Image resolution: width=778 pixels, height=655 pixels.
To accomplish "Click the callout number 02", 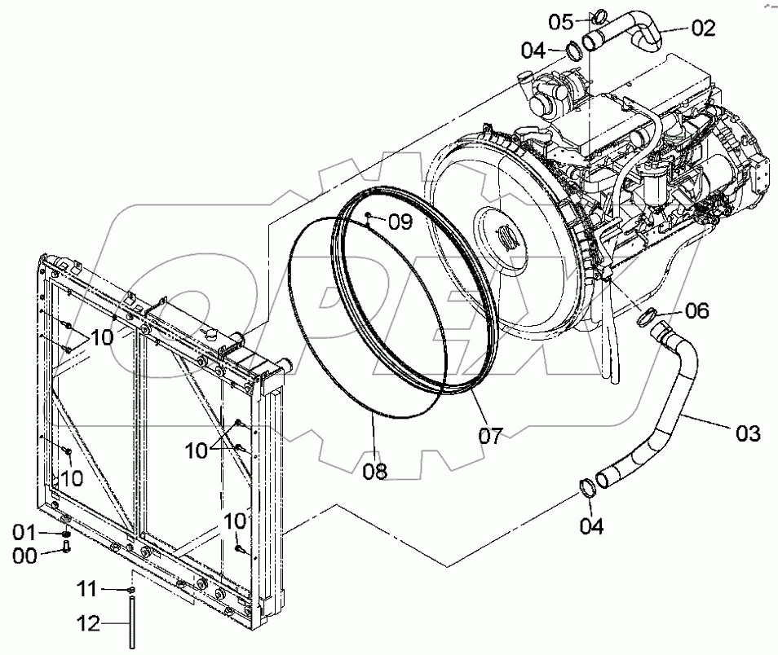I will pyautogui.click(x=703, y=29).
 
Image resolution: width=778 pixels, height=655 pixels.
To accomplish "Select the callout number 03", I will pyautogui.click(x=748, y=433).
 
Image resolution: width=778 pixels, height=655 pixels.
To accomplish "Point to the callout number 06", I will pyautogui.click(x=696, y=310).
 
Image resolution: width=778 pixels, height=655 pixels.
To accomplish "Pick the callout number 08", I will pyautogui.click(x=376, y=470).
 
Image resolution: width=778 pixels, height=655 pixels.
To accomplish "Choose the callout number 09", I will pyautogui.click(x=400, y=221).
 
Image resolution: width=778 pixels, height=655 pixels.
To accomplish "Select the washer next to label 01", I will pyautogui.click(x=65, y=534).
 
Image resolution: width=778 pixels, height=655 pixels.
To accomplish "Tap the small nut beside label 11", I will pyautogui.click(x=130, y=589).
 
